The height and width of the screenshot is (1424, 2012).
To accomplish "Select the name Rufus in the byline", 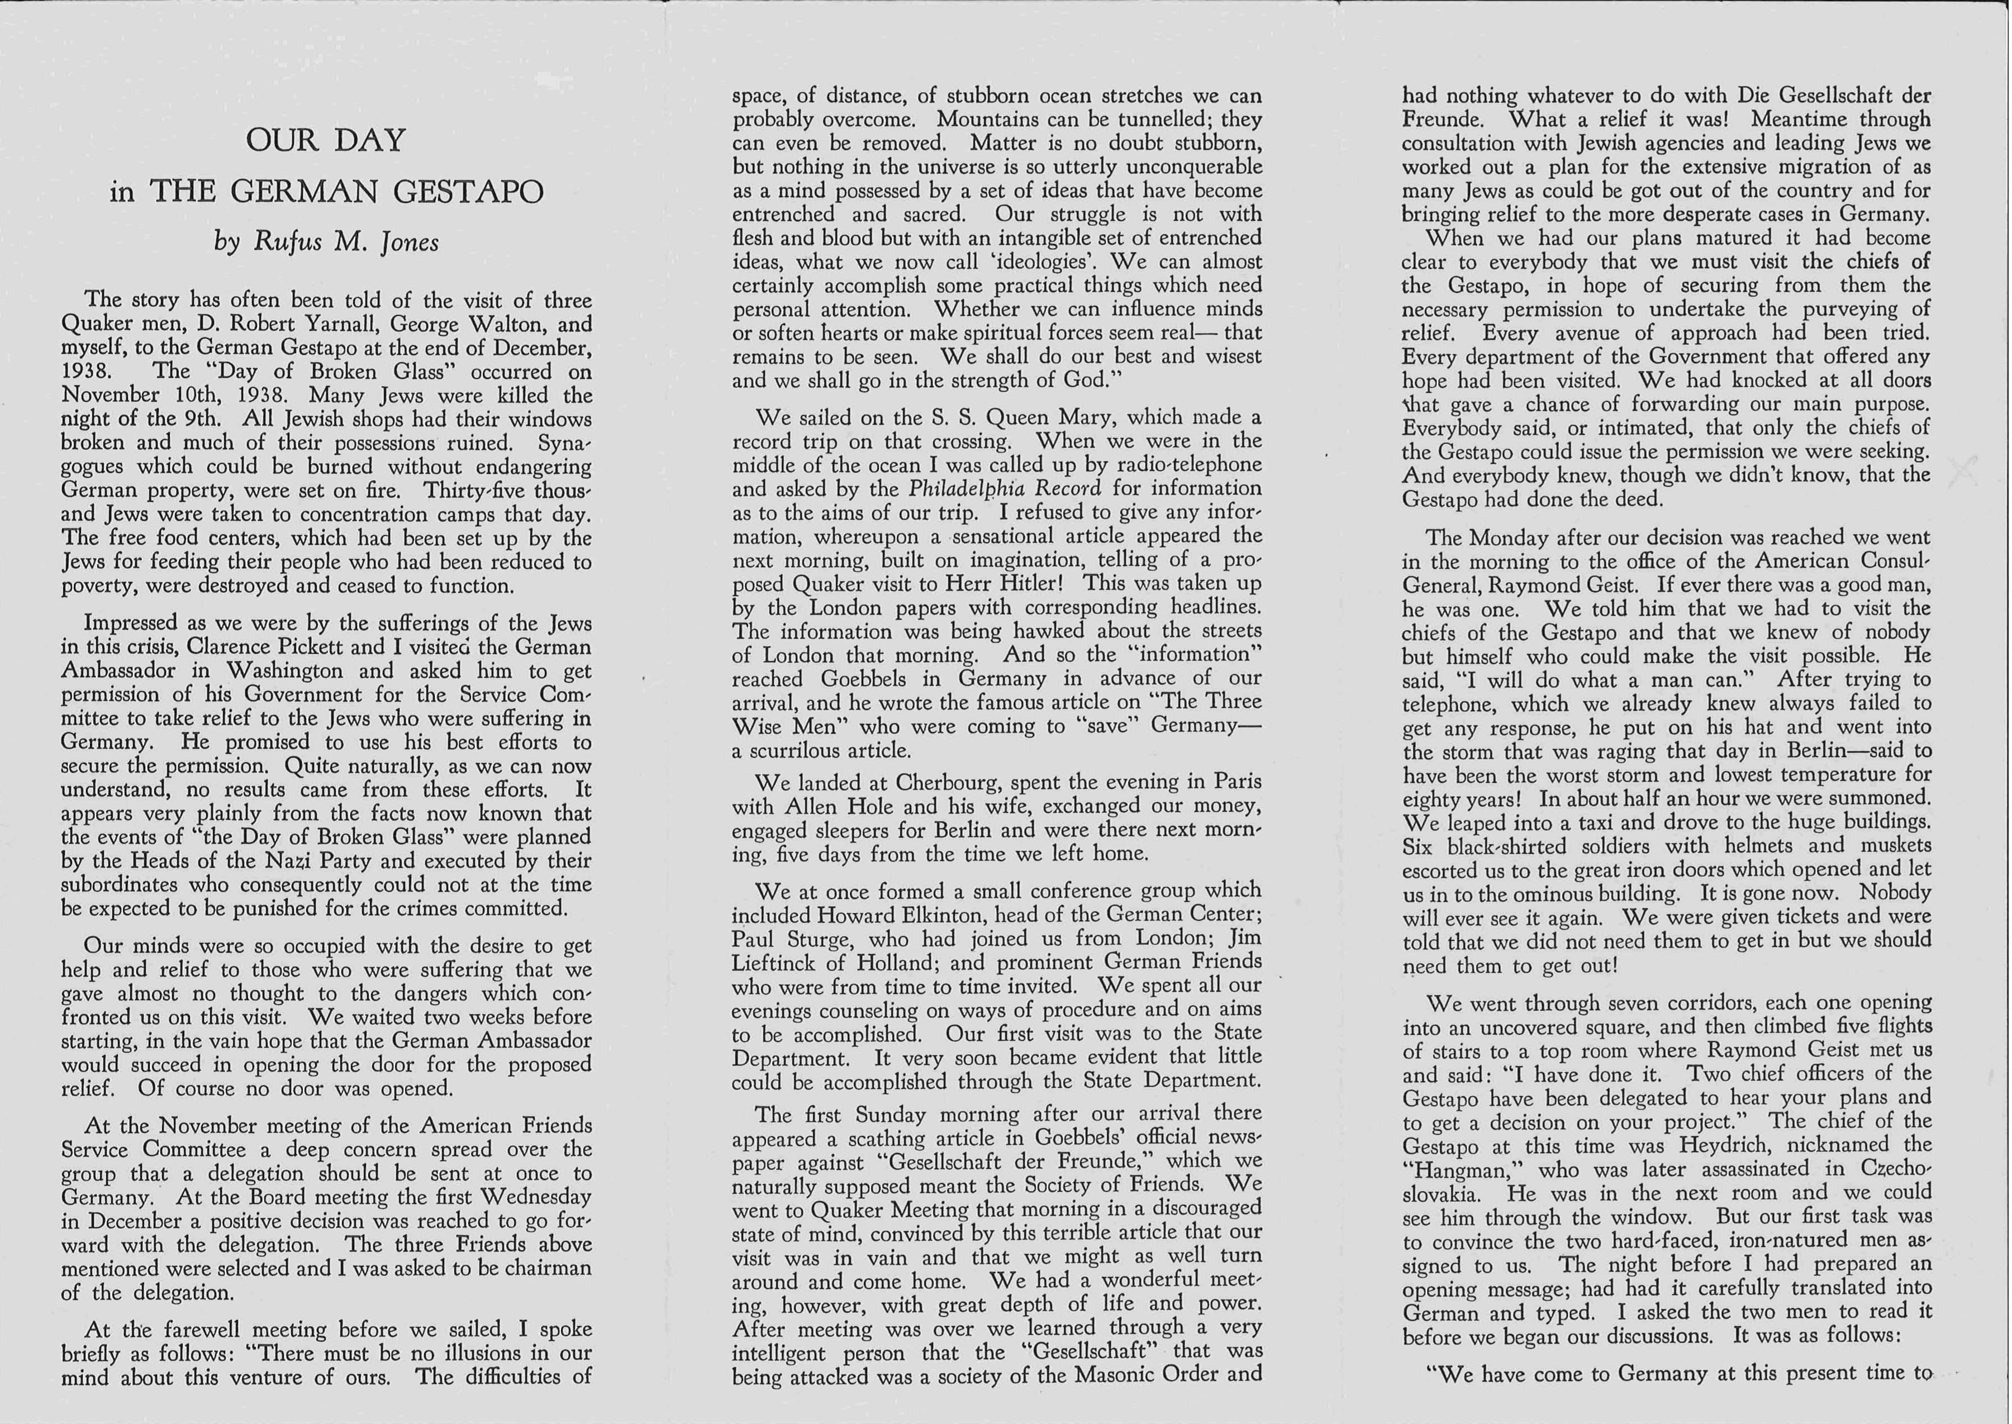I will [x=287, y=242].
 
